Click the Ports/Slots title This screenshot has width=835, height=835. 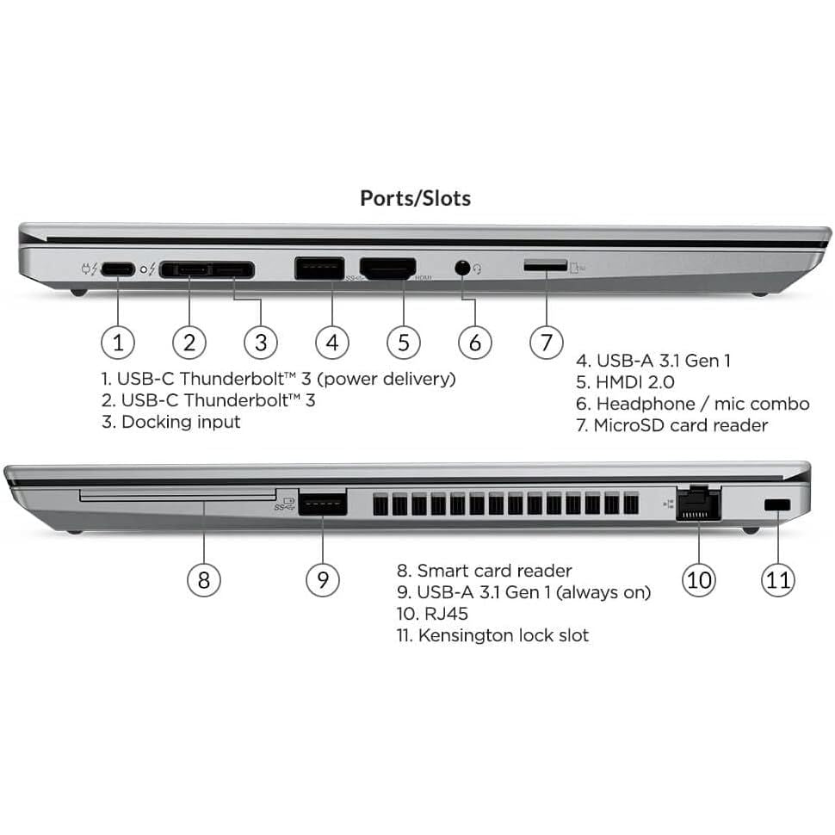[x=415, y=198]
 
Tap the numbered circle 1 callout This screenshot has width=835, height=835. [x=118, y=343]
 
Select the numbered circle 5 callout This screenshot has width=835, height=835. [x=403, y=343]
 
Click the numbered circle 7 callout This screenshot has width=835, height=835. [x=546, y=343]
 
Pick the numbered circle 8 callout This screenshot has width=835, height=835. [x=203, y=579]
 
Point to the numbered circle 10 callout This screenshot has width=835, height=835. [x=698, y=579]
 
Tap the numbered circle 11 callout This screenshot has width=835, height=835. [x=777, y=579]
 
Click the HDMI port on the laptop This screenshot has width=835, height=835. [x=387, y=269]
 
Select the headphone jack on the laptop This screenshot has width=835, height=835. [x=463, y=268]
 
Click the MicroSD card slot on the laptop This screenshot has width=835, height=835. [x=545, y=267]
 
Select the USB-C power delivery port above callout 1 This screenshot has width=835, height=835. [x=118, y=269]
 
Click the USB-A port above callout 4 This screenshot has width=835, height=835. [x=319, y=268]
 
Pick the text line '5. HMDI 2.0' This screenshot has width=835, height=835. [x=625, y=382]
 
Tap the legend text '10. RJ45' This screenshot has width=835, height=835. [x=432, y=614]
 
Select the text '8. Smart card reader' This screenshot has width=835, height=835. [x=484, y=571]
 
